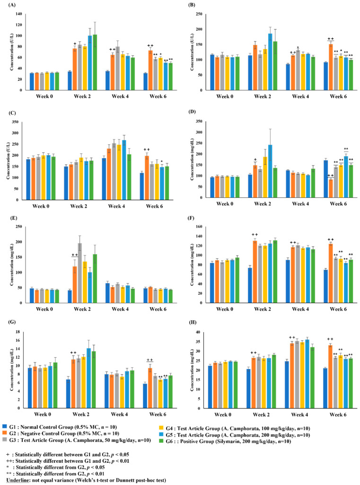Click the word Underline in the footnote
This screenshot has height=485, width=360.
click(16, 480)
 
